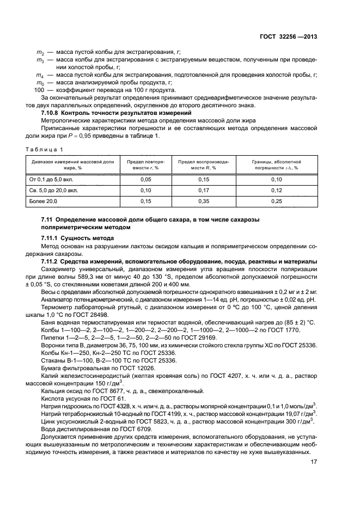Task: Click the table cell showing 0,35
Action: pos(203,201)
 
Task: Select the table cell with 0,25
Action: pos(276,201)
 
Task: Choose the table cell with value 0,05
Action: pos(145,179)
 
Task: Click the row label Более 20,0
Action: pos(43,201)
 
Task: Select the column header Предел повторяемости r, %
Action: pos(145,165)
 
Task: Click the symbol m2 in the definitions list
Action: pos(40,51)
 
